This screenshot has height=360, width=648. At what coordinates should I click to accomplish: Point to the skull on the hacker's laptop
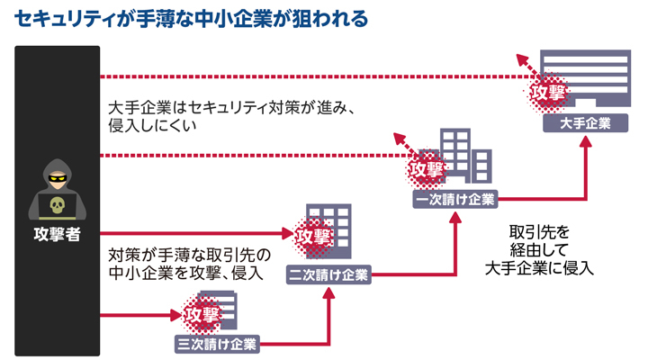(57, 206)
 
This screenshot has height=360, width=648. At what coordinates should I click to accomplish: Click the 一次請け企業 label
(454, 200)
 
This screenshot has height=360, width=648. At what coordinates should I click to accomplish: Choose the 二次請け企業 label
(328, 274)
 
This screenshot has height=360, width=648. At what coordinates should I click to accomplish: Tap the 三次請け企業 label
(216, 343)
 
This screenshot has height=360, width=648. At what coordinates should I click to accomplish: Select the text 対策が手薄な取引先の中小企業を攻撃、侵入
(185, 262)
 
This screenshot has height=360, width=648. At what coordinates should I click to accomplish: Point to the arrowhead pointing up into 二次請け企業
(328, 292)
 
